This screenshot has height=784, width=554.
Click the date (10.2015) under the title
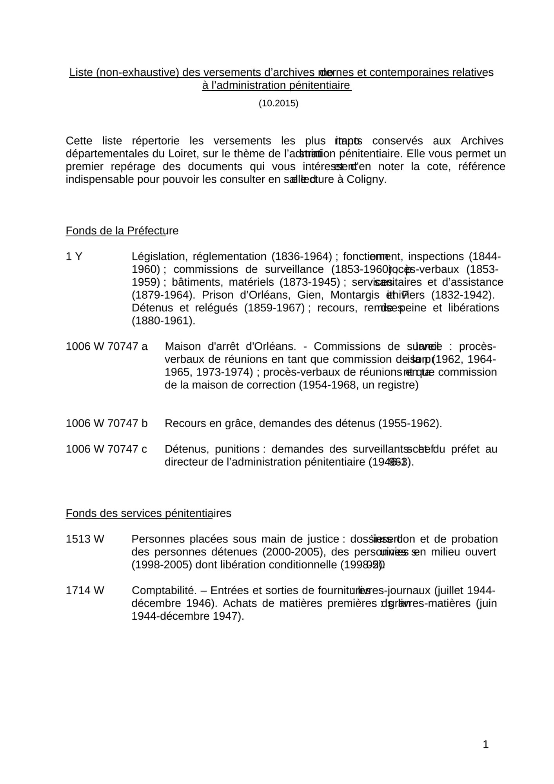[x=278, y=103]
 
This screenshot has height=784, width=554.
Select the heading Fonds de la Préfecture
[x=122, y=230]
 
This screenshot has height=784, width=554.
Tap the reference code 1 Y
[x=74, y=256]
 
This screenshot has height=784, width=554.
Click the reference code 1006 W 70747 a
[x=107, y=347]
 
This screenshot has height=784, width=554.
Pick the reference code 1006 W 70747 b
[x=107, y=423]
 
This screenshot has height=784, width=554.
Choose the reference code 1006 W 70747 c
[x=106, y=449]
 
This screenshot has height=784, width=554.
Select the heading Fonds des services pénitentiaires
[x=148, y=513]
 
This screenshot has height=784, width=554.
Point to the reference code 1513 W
[x=85, y=539]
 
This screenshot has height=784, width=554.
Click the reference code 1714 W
[x=85, y=590]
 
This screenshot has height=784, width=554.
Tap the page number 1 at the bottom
[x=485, y=744]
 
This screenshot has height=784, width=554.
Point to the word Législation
[x=160, y=256]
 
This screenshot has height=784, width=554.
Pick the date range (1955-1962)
[x=410, y=423]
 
